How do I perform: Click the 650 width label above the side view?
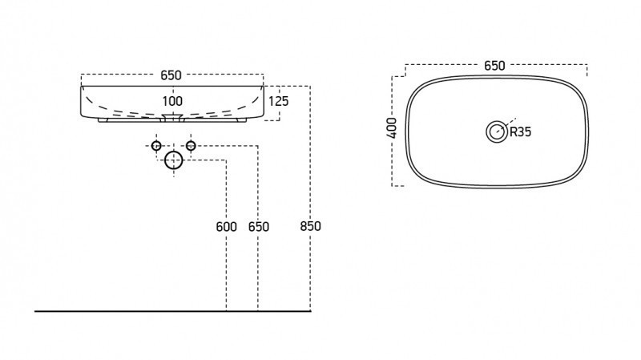tap(171, 75)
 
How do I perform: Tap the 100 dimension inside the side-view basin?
tap(172, 101)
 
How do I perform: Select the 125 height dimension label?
tap(278, 101)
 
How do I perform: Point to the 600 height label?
tap(226, 227)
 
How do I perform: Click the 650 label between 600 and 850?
tap(258, 227)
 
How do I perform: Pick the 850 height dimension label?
tap(309, 227)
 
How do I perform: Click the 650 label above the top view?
tap(494, 67)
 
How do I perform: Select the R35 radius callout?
tap(521, 132)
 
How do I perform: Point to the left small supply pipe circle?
tap(156, 146)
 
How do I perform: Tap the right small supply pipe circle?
tap(191, 146)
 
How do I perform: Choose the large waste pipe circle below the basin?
tap(174, 161)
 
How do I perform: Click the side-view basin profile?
tap(88, 104)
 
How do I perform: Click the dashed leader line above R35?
tap(506, 121)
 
